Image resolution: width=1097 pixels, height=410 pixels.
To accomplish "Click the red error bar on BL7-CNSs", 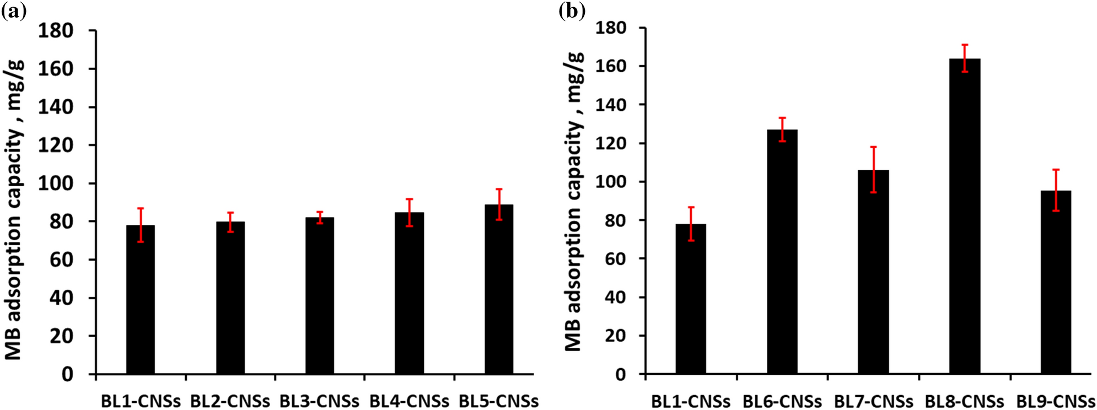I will pyautogui.click(x=873, y=169).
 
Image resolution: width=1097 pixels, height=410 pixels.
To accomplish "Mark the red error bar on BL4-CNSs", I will pyautogui.click(x=409, y=212).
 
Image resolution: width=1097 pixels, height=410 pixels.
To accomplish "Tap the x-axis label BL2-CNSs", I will pyautogui.click(x=230, y=401).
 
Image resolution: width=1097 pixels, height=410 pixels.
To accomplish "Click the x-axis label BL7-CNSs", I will pyautogui.click(x=873, y=401).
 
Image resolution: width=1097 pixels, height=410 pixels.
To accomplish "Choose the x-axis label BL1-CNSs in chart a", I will pyautogui.click(x=141, y=401).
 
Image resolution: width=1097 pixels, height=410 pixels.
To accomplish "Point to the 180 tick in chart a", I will pyautogui.click(x=56, y=31).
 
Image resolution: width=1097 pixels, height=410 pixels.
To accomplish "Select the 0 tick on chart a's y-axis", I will pyautogui.click(x=67, y=375).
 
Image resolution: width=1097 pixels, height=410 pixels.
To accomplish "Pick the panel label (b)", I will pyautogui.click(x=572, y=10).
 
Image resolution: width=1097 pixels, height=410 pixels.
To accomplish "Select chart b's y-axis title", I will pyautogui.click(x=574, y=201).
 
